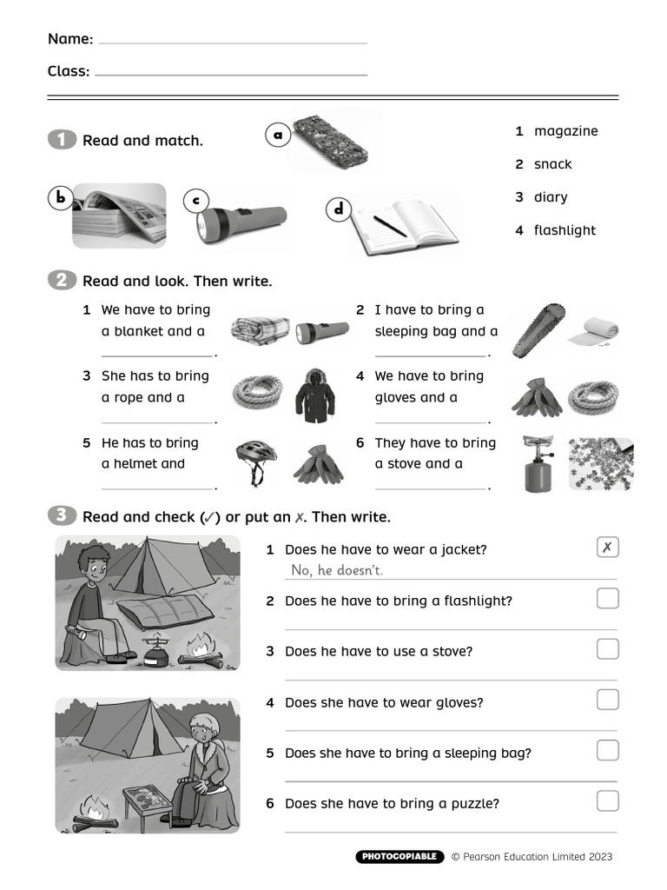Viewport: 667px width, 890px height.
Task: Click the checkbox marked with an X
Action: [x=608, y=548]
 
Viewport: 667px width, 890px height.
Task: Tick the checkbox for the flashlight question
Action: [x=608, y=598]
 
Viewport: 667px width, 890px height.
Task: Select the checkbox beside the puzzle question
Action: [x=608, y=800]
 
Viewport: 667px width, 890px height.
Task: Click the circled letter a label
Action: [x=277, y=135]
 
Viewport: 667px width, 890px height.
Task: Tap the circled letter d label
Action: [x=338, y=209]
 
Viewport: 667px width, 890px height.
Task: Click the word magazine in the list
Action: [x=565, y=131]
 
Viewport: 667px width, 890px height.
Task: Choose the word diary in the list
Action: [x=550, y=197]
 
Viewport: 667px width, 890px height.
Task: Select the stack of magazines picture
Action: [x=119, y=215]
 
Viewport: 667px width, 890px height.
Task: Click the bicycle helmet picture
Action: [x=256, y=460]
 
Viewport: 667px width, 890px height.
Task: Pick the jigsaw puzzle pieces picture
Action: [x=600, y=463]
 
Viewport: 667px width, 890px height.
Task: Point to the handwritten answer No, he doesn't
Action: [x=337, y=570]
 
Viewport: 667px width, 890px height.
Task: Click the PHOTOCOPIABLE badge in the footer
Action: [x=400, y=857]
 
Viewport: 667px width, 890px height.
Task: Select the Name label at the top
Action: [x=69, y=39]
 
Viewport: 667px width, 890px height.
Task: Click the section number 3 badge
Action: [x=62, y=516]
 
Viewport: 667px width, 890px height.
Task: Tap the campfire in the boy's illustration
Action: [x=201, y=651]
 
